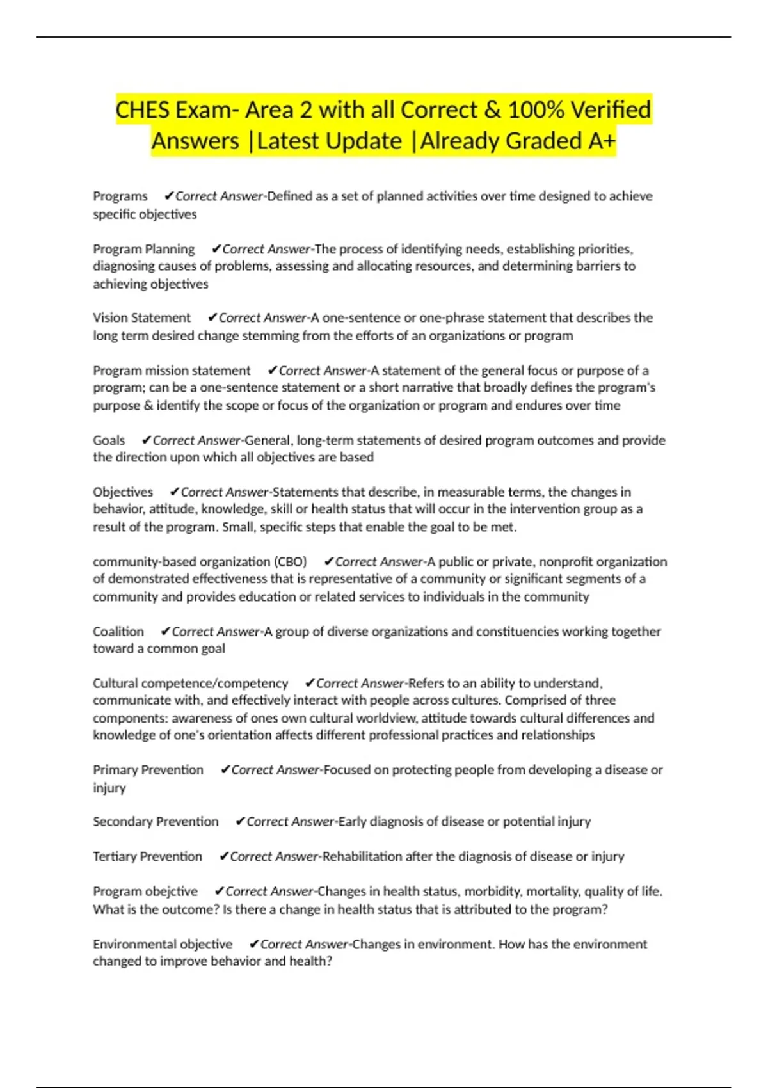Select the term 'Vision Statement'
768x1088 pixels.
pyautogui.click(x=141, y=317)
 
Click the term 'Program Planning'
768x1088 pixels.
pyautogui.click(x=143, y=249)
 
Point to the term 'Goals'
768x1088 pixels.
pyautogui.click(x=109, y=440)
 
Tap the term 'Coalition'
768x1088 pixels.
pyautogui.click(x=118, y=632)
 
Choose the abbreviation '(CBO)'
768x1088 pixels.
pyautogui.click(x=291, y=562)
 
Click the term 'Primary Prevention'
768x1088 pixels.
pyautogui.click(x=148, y=770)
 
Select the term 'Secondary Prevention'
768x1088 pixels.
pyautogui.click(x=156, y=822)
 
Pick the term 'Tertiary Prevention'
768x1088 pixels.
pyautogui.click(x=147, y=856)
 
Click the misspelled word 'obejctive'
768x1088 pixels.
pyautogui.click(x=172, y=892)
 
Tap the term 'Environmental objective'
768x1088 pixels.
pyautogui.click(x=163, y=945)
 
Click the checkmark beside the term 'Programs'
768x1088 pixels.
pyautogui.click(x=169, y=196)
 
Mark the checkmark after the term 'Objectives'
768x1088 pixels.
pyautogui.click(x=174, y=492)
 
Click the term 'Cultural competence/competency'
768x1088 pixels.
pyautogui.click(x=190, y=684)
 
